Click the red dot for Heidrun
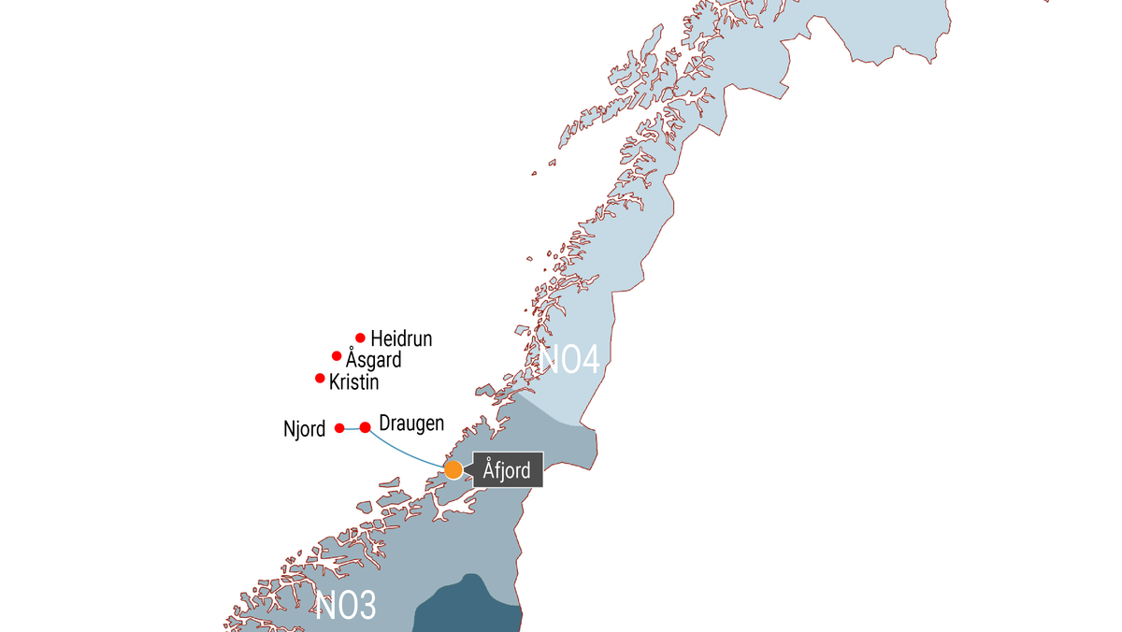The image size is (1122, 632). pyautogui.click(x=360, y=338)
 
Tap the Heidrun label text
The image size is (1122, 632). pyautogui.click(x=401, y=338)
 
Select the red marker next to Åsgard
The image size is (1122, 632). pyautogui.click(x=337, y=355)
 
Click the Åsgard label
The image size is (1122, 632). pyautogui.click(x=373, y=360)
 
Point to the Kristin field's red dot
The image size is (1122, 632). pyautogui.click(x=320, y=378)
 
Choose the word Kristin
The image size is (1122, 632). pyautogui.click(x=353, y=382)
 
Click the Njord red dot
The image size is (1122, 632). pyautogui.click(x=339, y=427)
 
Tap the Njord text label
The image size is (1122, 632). pyautogui.click(x=304, y=429)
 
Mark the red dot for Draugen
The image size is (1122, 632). pyautogui.click(x=366, y=427)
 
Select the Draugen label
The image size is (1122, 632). pyautogui.click(x=411, y=424)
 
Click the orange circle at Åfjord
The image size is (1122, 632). pyautogui.click(x=453, y=469)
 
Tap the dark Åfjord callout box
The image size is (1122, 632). pyautogui.click(x=508, y=470)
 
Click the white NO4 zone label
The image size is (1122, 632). pyautogui.click(x=570, y=361)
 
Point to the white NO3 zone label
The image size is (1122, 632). pyautogui.click(x=346, y=606)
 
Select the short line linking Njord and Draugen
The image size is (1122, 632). pyautogui.click(x=352, y=428)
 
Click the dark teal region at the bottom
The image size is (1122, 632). pyautogui.click(x=467, y=608)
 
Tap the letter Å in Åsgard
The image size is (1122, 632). pyautogui.click(x=351, y=359)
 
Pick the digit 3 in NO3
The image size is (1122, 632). pyautogui.click(x=366, y=606)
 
